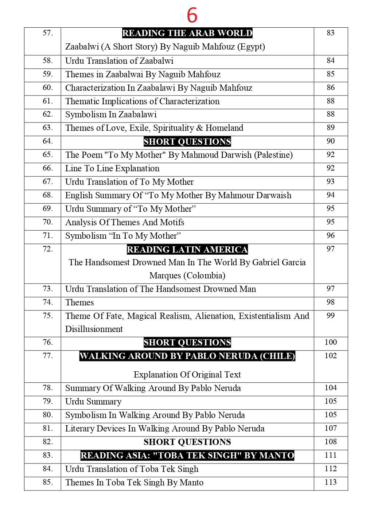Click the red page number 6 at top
(192, 16)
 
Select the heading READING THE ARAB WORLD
(187, 33)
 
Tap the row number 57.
(48, 33)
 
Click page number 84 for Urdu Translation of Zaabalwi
(330, 60)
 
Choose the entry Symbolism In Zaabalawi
(111, 114)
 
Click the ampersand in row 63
(199, 128)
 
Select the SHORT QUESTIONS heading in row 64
(187, 141)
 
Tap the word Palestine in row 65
(273, 155)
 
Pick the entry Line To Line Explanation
(112, 168)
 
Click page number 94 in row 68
(330, 195)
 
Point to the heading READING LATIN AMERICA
(187, 250)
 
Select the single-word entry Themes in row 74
(79, 302)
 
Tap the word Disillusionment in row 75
(94, 329)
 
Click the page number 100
(330, 342)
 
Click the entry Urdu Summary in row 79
(93, 402)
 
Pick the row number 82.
(48, 442)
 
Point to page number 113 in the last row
(330, 482)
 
